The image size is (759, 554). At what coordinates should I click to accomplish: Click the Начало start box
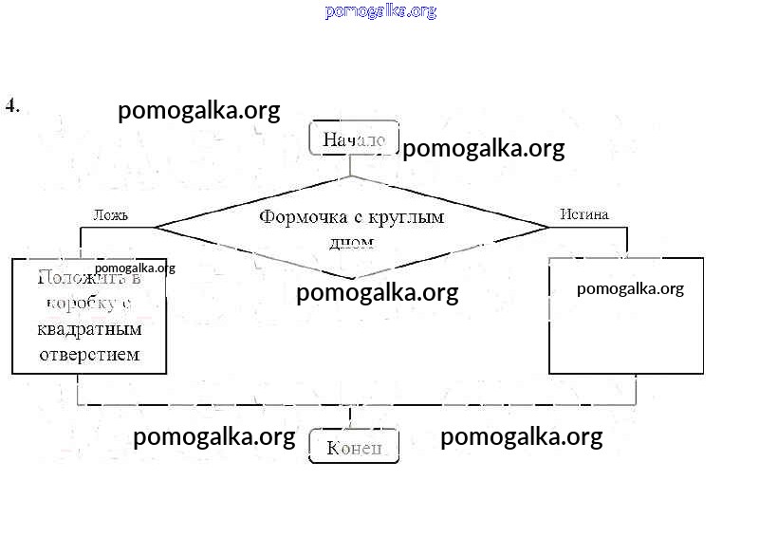tap(354, 139)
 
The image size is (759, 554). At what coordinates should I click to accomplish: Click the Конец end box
tap(354, 447)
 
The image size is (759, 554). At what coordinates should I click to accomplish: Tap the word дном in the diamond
tap(351, 242)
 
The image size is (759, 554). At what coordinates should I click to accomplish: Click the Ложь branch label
tap(110, 214)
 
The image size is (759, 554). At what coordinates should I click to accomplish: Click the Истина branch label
tap(583, 214)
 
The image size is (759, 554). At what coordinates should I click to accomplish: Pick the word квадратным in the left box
tap(89, 330)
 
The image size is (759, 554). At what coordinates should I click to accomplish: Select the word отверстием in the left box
tap(89, 354)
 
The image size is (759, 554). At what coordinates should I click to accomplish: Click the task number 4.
tap(12, 105)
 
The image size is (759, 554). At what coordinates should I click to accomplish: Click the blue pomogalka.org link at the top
tap(380, 11)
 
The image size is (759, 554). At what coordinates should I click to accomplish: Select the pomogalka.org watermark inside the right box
tap(630, 289)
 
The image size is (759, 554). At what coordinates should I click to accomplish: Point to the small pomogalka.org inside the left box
tap(135, 268)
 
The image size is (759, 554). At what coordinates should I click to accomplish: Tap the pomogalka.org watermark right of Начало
tap(484, 149)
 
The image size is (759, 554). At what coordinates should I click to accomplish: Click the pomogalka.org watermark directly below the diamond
tap(377, 293)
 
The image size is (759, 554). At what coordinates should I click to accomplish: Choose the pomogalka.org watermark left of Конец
tap(213, 437)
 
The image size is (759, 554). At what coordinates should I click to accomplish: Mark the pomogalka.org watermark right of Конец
tap(521, 437)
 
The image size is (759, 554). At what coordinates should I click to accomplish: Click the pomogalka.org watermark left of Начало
tap(199, 111)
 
